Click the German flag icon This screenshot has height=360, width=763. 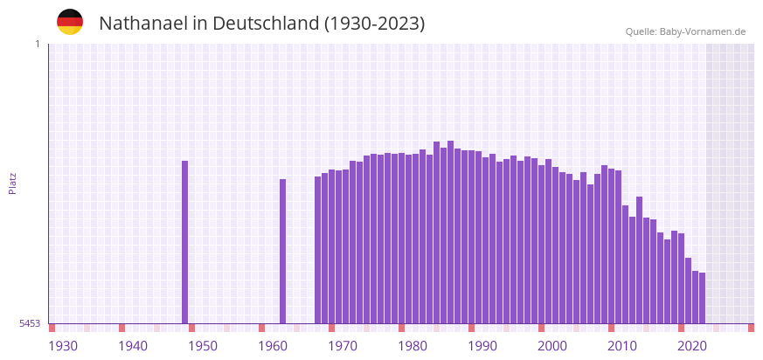[x=70, y=22]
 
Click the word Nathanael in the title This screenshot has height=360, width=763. [x=142, y=24]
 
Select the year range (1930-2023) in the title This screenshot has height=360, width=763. [x=375, y=24]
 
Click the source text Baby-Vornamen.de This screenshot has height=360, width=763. [x=703, y=31]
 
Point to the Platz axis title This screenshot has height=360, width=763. [x=13, y=183]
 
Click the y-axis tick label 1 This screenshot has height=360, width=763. [x=37, y=44]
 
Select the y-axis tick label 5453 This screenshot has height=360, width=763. [x=30, y=323]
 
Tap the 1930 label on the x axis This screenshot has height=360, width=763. [x=63, y=346]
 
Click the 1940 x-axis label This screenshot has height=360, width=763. [x=133, y=346]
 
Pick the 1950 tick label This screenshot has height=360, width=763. [x=203, y=346]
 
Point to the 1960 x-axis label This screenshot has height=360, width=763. [x=273, y=346]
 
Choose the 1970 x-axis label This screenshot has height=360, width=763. [x=343, y=346]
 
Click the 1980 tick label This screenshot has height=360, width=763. [x=413, y=346]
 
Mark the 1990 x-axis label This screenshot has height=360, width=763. [x=482, y=346]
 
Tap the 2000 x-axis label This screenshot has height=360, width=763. [x=552, y=346]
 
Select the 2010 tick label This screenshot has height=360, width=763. [x=622, y=346]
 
